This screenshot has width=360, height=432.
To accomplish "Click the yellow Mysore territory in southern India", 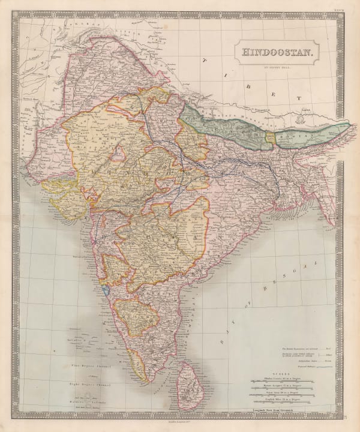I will coord(135,315).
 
